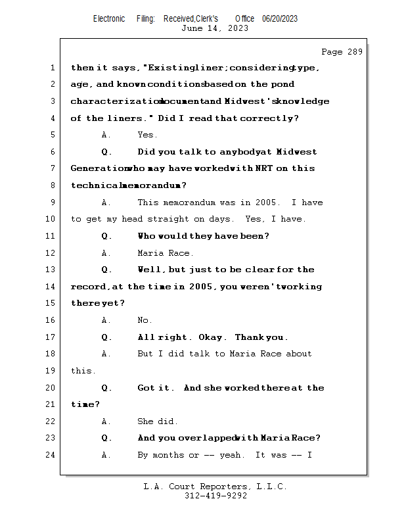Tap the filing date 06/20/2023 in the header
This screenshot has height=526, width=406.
click(280, 18)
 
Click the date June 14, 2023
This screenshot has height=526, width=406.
click(215, 28)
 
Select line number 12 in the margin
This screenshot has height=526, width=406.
click(52, 253)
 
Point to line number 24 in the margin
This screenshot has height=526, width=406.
click(52, 455)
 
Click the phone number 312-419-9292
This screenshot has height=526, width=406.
click(215, 496)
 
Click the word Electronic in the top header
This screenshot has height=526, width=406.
click(109, 18)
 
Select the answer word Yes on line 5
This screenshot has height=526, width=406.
click(147, 135)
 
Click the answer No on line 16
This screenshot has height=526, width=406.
click(145, 320)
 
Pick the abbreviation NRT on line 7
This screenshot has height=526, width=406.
click(264, 168)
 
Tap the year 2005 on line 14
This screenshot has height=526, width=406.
click(200, 287)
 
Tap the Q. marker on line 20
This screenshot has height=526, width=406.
click(106, 388)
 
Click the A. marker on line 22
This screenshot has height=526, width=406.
click(106, 421)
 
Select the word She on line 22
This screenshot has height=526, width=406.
click(146, 421)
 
